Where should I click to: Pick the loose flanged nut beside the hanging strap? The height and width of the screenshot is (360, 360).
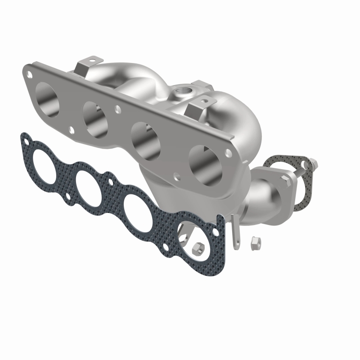tap(254, 243)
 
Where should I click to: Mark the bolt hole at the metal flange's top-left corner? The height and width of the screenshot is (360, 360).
tap(29, 72)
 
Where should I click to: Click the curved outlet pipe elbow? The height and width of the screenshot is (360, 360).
tap(261, 198)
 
